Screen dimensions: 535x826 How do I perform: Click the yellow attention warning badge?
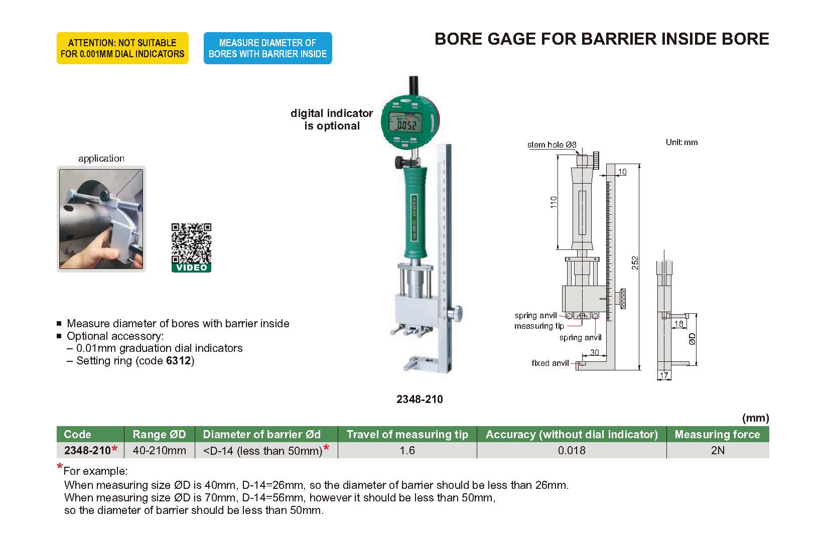pos(122,48)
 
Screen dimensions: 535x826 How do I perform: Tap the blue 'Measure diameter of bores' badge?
pos(267,48)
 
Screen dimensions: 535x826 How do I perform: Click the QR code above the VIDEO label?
pos(191,243)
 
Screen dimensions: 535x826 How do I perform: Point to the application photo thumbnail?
pos(101,219)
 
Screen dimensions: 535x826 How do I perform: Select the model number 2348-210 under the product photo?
pos(420,399)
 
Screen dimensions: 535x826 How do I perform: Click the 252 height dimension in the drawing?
pos(635,263)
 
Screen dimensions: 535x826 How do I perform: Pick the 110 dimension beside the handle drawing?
pos(554,202)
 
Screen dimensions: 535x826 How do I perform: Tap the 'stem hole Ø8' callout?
pos(552,145)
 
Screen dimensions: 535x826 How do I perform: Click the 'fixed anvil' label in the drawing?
pos(550,363)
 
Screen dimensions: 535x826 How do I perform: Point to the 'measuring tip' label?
pos(539,326)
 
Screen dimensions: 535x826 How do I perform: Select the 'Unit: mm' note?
pos(681,142)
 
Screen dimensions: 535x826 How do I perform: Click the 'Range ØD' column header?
pos(159,434)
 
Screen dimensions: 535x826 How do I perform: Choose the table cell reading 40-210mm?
pos(159,450)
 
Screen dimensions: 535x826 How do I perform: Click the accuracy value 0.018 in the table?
pos(572,450)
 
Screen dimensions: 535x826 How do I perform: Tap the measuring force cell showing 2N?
pos(718,450)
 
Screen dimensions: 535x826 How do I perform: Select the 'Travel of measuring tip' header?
pos(407,434)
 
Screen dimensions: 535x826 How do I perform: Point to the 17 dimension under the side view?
pos(664,375)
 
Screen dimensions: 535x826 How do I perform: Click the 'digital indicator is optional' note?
pos(332,119)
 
